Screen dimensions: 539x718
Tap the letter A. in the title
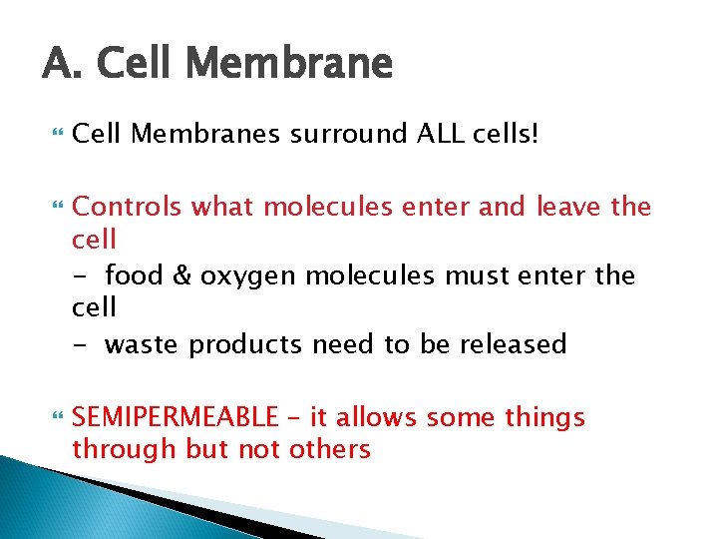tap(59, 64)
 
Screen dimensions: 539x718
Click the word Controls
tap(128, 207)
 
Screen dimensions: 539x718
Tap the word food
tap(136, 274)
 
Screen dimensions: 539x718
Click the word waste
tap(143, 344)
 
